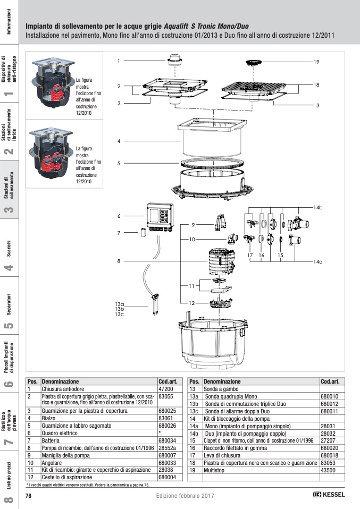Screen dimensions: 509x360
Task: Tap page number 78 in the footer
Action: point(29,495)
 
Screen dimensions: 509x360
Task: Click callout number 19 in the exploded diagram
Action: point(316,62)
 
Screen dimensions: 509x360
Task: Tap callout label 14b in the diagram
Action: point(318,206)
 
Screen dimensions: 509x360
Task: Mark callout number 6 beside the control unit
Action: point(119,216)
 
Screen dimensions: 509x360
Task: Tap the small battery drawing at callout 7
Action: point(143,232)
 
